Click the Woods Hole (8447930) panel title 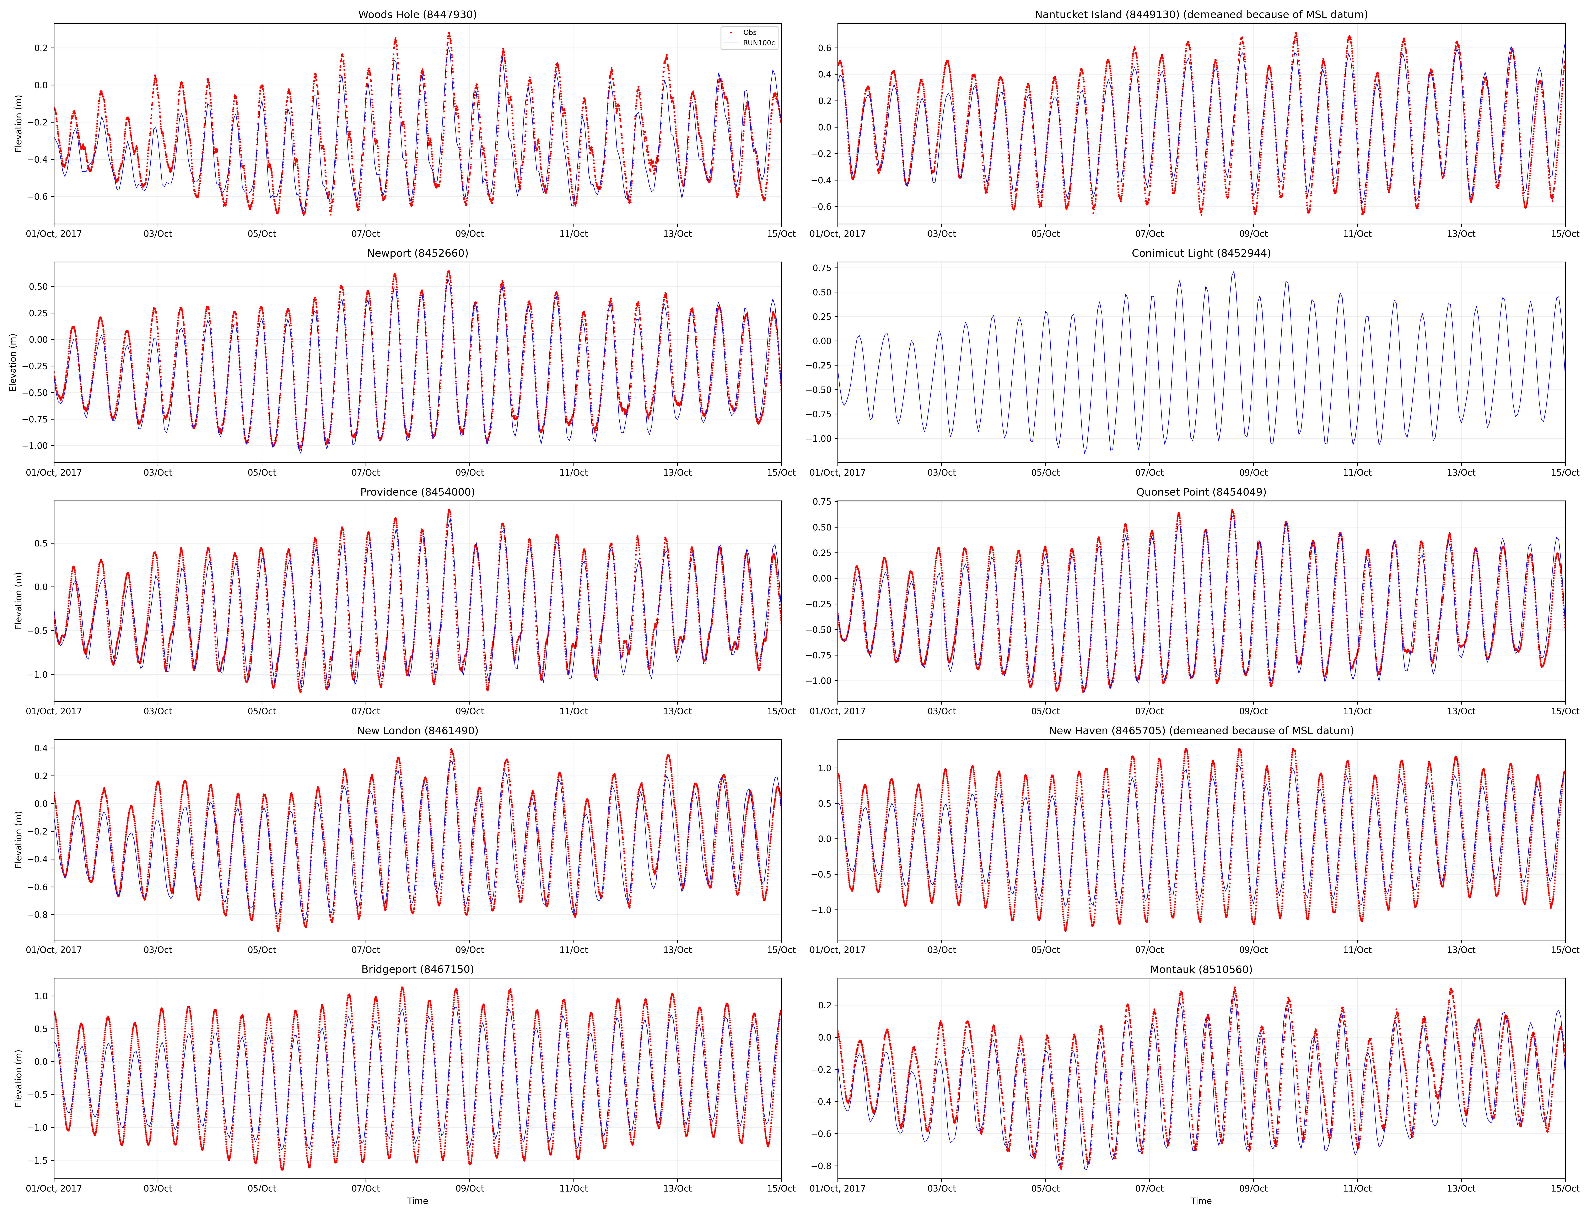tap(417, 15)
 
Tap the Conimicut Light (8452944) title tap(1201, 253)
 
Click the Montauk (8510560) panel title tap(1201, 969)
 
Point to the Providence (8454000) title tap(417, 492)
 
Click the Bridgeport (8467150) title tap(417, 969)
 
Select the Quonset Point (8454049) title tap(1201, 492)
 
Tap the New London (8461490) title tap(417, 730)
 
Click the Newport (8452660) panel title tap(417, 253)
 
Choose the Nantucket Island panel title tap(1201, 15)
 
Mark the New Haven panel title tap(1201, 730)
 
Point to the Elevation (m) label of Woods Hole tap(19, 124)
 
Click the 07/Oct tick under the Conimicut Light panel tap(1149, 472)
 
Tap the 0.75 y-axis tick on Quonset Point tap(822, 501)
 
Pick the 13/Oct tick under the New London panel tap(678, 950)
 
